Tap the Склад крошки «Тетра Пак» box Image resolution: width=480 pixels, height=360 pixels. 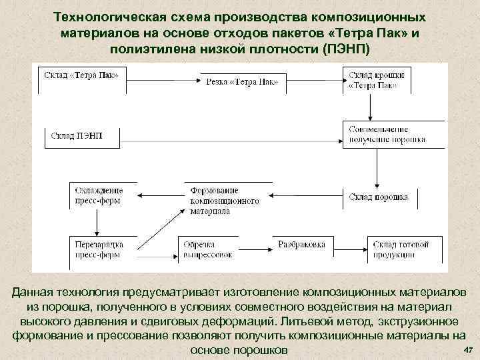click(x=375, y=80)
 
